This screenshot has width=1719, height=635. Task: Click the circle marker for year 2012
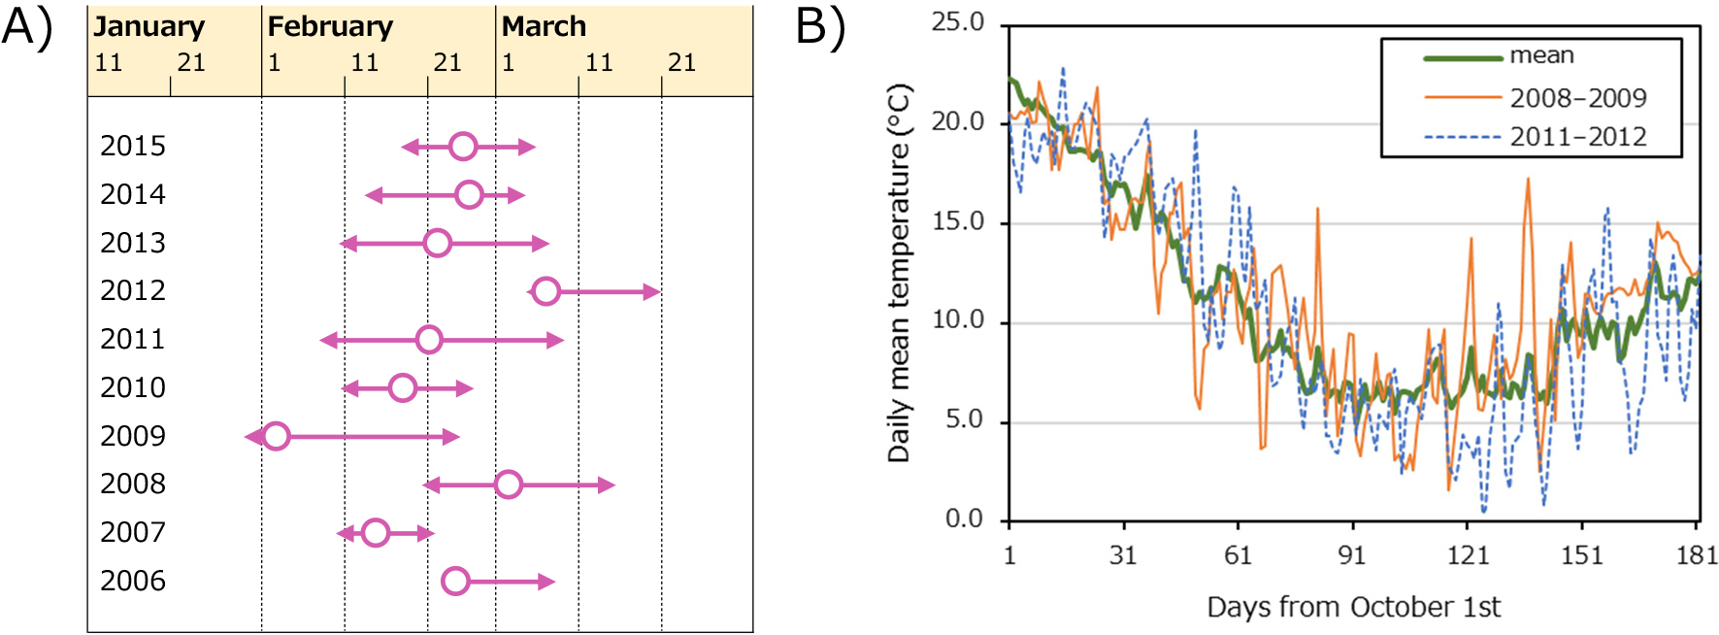(546, 291)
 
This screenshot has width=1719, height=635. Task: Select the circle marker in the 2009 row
(277, 436)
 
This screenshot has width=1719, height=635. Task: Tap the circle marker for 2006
(455, 582)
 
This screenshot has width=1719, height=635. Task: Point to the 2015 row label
(133, 146)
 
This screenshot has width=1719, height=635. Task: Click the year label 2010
(133, 387)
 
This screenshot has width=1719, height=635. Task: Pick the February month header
(330, 26)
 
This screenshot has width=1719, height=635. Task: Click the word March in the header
(544, 26)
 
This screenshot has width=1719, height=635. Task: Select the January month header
(149, 26)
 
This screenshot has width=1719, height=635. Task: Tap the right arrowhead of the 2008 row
(607, 485)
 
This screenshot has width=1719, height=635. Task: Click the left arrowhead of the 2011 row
(329, 340)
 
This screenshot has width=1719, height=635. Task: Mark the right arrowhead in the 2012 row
(651, 291)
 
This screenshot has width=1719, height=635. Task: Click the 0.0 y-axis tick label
(964, 518)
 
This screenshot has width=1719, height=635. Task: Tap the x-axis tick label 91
(1352, 555)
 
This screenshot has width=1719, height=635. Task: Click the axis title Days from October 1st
(1353, 607)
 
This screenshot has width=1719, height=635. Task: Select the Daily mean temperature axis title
(900, 273)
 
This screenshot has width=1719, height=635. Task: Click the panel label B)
(820, 26)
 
